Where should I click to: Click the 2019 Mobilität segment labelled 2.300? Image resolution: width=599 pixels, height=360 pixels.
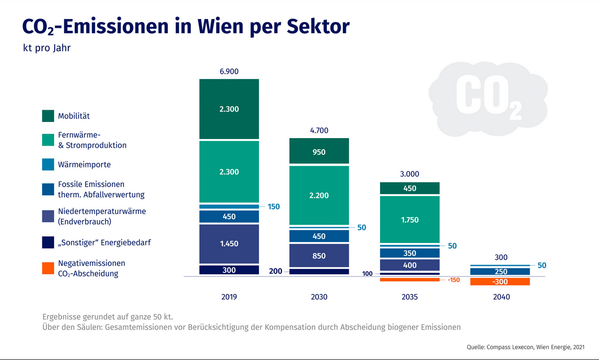pyautogui.click(x=229, y=109)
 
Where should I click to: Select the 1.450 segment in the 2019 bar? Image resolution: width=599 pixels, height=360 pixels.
pyautogui.click(x=229, y=243)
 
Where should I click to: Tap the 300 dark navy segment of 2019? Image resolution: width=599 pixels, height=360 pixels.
pyautogui.click(x=229, y=270)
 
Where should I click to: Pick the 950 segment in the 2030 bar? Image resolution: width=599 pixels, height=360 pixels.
pyautogui.click(x=319, y=151)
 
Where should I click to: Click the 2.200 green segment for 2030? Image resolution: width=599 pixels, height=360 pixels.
pyautogui.click(x=319, y=195)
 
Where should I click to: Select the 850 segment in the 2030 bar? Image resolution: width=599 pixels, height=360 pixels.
pyautogui.click(x=319, y=256)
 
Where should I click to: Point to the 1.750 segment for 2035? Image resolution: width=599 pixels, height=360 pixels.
pyautogui.click(x=410, y=220)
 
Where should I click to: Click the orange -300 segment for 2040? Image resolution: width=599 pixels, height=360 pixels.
pyautogui.click(x=500, y=282)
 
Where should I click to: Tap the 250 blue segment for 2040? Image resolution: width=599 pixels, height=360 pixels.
pyautogui.click(x=500, y=272)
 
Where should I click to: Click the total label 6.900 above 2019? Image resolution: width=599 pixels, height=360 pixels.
pyautogui.click(x=229, y=71)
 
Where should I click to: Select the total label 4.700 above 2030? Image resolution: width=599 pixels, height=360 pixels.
pyautogui.click(x=319, y=130)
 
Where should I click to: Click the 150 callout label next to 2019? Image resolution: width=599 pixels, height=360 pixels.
pyautogui.click(x=274, y=207)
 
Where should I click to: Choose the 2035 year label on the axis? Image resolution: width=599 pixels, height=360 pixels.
pyautogui.click(x=410, y=297)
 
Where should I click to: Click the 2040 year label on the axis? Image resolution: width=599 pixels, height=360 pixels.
pyautogui.click(x=500, y=297)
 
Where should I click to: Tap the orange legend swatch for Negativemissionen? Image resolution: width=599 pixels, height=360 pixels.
pyautogui.click(x=48, y=268)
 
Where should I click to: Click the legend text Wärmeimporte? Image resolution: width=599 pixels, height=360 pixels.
pyautogui.click(x=84, y=165)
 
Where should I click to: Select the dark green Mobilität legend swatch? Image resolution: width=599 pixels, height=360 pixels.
pyautogui.click(x=48, y=116)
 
